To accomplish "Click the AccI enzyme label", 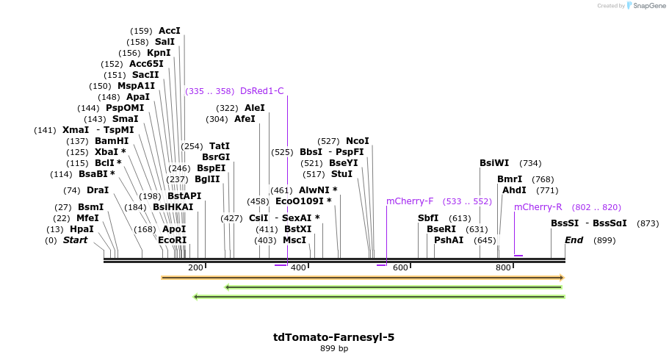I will point(169,31).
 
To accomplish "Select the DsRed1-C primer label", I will point(261,91).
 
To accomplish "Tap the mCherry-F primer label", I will point(410,201).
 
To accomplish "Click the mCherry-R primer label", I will point(538,207).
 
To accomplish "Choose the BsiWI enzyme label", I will point(494,163).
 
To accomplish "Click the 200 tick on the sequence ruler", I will point(195,267).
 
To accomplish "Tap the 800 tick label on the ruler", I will point(503,267).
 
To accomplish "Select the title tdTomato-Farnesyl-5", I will point(333,337).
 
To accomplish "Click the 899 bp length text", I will point(333,349).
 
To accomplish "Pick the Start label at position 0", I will point(75,240).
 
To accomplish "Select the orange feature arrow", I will point(362,278).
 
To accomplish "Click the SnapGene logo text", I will point(646,6).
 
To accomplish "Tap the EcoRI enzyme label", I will point(172,240).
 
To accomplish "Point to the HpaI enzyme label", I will point(82,229).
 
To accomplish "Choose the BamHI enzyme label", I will point(112,141).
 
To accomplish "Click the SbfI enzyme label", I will point(428,218).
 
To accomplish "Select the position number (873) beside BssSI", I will point(648,223).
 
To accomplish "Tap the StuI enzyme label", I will point(341,174).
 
